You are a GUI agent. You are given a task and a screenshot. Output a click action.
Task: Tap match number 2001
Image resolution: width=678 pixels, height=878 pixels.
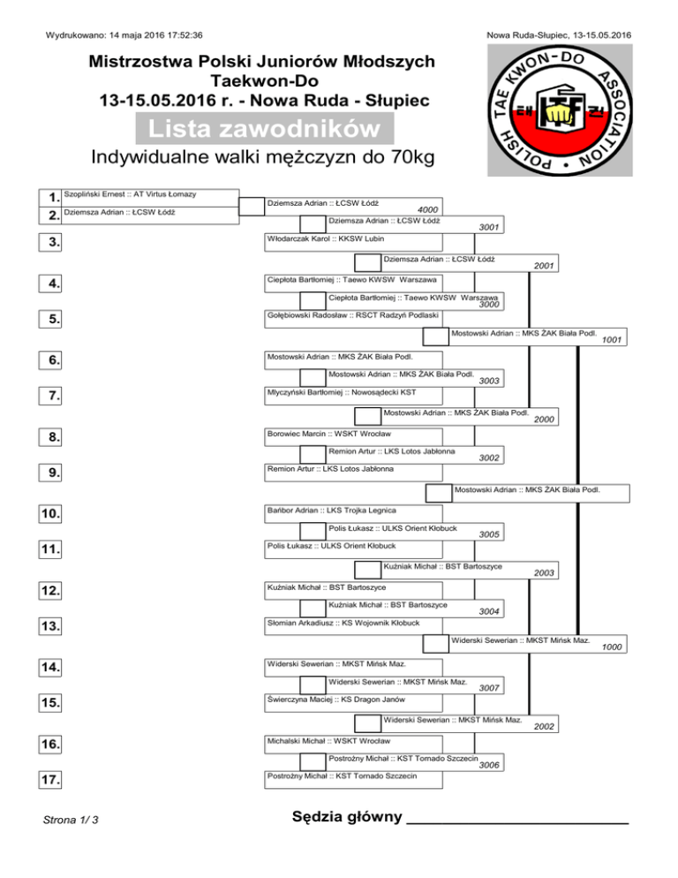544,265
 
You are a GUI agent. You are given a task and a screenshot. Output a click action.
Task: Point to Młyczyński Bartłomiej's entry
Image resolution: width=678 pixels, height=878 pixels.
341,391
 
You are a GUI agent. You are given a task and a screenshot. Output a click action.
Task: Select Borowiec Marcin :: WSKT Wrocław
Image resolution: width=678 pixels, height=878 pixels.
335,435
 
